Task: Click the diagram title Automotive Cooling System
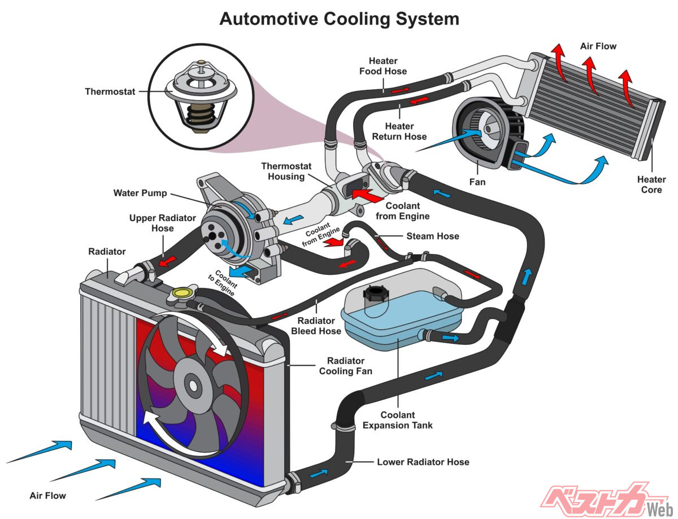[x=339, y=19]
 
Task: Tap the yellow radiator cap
[x=182, y=293]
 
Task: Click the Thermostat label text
[x=110, y=92]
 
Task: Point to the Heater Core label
[x=651, y=185]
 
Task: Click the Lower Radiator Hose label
[x=423, y=462]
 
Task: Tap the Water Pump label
[x=140, y=193]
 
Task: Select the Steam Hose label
[x=433, y=236]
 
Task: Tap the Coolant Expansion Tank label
[x=398, y=420]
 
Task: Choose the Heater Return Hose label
[x=399, y=131]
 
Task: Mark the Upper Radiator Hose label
[x=154, y=223]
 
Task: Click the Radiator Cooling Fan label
[x=346, y=366]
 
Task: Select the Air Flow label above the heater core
[x=598, y=46]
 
